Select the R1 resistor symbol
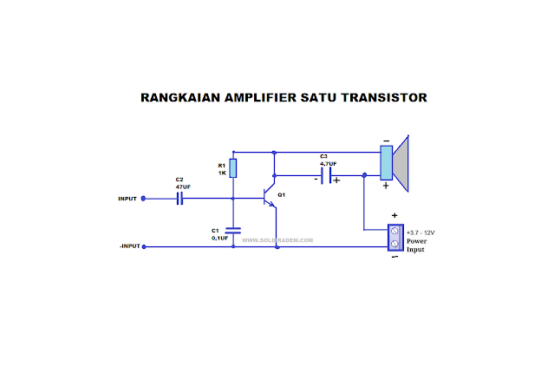tap(233, 168)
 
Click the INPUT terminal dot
tap(144, 198)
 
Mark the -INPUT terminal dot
tap(144, 246)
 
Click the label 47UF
tap(183, 186)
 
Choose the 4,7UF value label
tap(328, 163)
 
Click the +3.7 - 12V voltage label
tap(422, 232)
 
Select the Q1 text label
tap(282, 194)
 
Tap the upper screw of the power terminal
tap(395, 232)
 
